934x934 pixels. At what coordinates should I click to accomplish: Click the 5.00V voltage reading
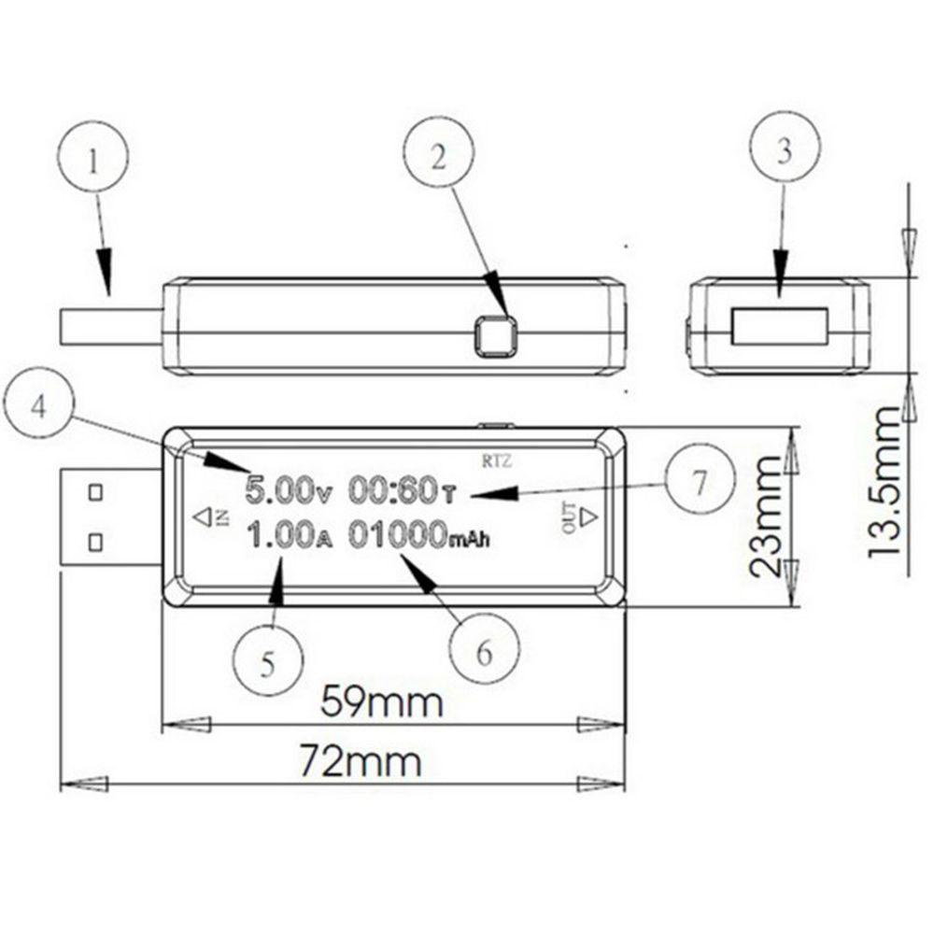[x=289, y=490]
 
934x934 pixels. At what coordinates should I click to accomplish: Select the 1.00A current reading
[x=289, y=534]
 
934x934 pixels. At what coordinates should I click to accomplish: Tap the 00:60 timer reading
[x=402, y=490]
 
